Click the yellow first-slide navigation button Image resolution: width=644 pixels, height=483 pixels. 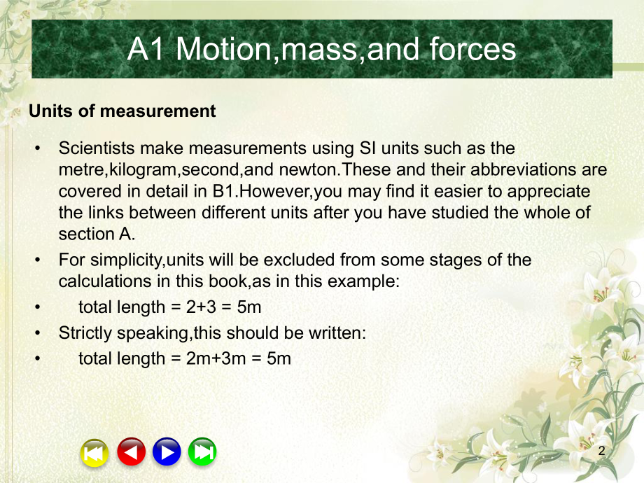94,452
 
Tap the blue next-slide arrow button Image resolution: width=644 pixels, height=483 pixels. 166,452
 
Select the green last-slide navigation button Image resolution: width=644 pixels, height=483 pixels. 202,452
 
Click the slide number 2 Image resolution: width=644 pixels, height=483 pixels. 601,452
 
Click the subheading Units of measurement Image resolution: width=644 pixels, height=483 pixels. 122,111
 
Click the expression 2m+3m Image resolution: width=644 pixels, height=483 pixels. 207,359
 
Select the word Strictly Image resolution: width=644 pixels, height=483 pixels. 82,333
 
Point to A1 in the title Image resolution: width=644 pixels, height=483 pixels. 147,49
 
